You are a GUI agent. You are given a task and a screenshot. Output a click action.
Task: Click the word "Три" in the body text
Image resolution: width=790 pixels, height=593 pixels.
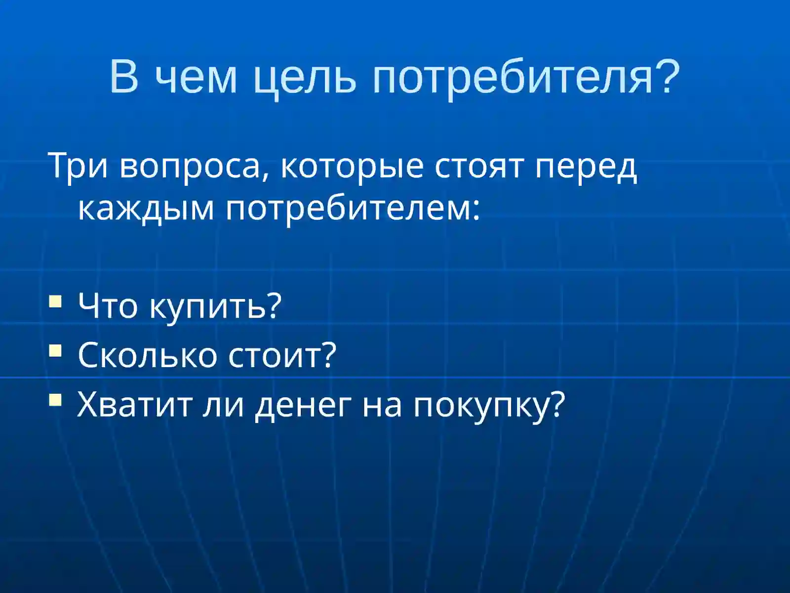click(x=78, y=166)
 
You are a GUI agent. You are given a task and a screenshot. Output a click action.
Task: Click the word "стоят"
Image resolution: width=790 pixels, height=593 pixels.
click(x=478, y=166)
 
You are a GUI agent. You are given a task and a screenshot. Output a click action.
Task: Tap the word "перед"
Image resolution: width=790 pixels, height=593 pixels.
click(x=587, y=166)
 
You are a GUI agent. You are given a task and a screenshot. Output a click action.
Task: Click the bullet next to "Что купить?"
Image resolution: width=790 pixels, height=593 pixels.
click(x=56, y=301)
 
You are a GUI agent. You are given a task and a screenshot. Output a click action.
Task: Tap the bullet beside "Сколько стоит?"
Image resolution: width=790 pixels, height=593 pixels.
click(x=56, y=350)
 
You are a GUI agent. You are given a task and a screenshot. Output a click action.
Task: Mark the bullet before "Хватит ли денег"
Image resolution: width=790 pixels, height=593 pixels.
click(x=56, y=399)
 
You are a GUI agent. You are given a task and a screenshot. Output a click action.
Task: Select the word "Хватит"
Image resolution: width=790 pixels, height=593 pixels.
click(x=134, y=404)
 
